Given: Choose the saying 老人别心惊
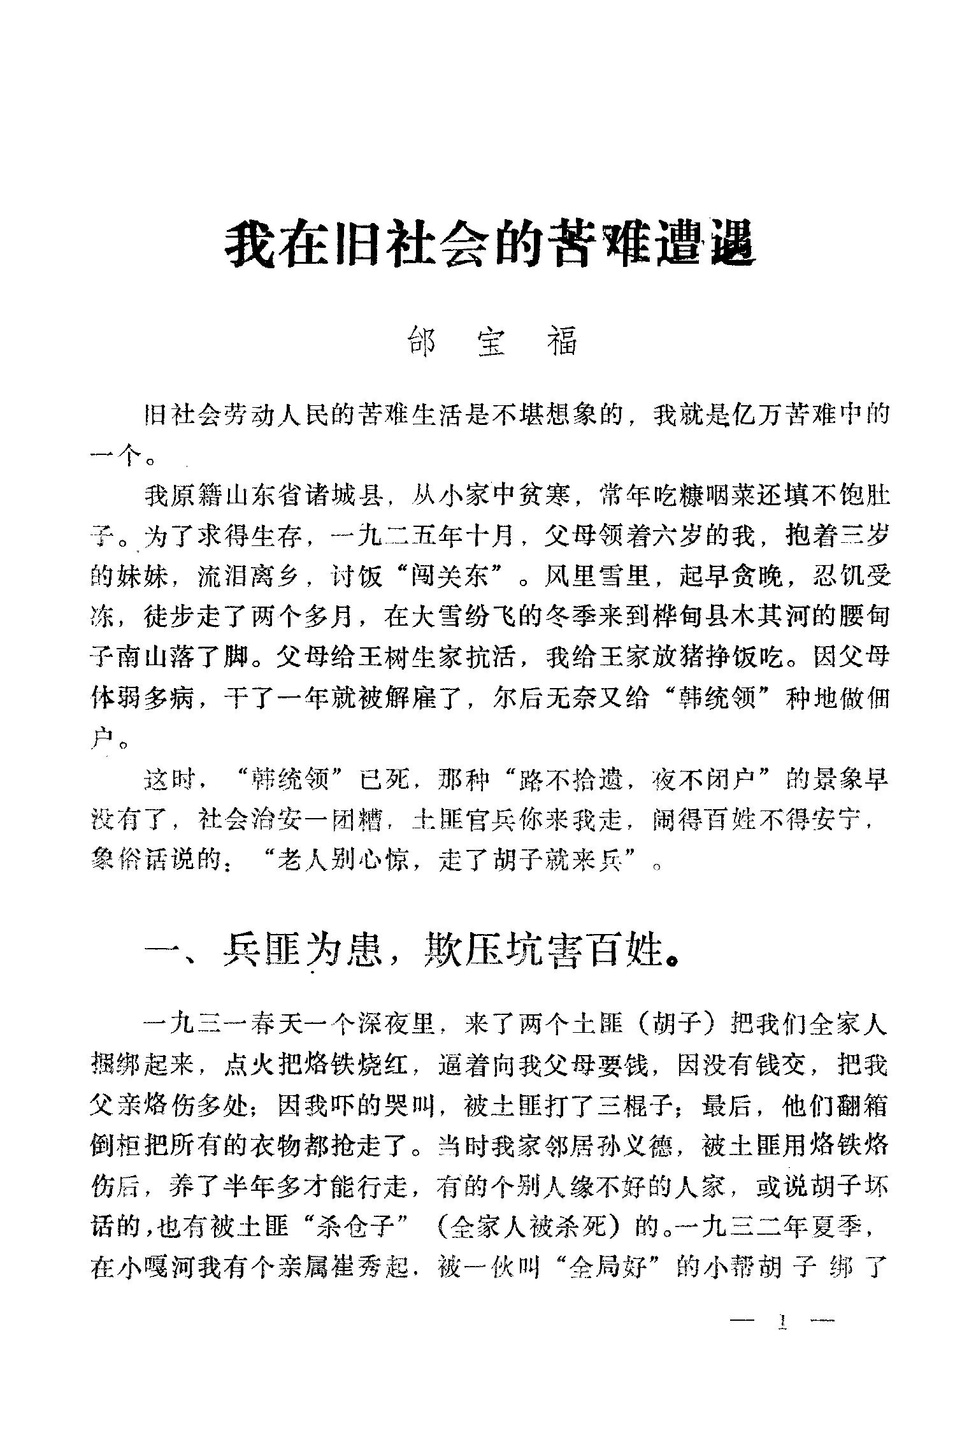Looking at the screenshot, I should coord(343,863).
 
